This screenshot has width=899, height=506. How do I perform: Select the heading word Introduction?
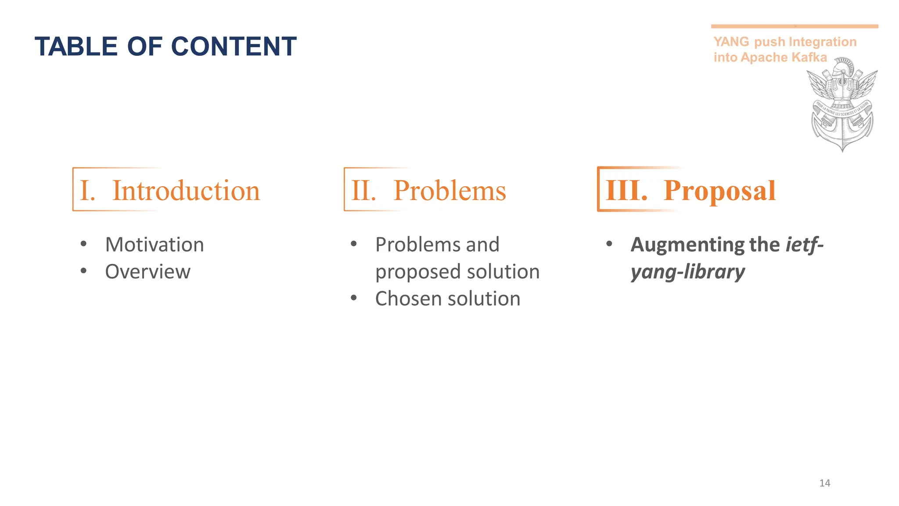click(x=186, y=191)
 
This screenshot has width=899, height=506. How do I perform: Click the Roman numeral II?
click(x=363, y=191)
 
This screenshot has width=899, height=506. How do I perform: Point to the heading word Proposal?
click(x=719, y=191)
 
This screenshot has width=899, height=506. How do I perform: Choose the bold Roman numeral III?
click(x=626, y=191)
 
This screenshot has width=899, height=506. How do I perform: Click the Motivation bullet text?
click(x=155, y=245)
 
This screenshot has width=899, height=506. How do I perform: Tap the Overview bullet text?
click(x=148, y=271)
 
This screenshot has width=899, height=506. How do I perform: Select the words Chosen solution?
click(x=448, y=299)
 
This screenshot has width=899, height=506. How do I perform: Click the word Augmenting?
click(x=682, y=245)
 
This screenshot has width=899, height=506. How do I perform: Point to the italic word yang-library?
click(x=688, y=272)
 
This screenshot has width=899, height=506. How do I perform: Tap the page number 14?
click(x=825, y=483)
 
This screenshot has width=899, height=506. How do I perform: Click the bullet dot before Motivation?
click(x=83, y=244)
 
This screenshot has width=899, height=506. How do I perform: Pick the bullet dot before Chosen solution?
click(x=354, y=298)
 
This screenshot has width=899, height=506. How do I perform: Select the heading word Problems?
click(x=449, y=191)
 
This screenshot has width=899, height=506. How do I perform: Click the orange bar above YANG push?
click(x=795, y=26)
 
